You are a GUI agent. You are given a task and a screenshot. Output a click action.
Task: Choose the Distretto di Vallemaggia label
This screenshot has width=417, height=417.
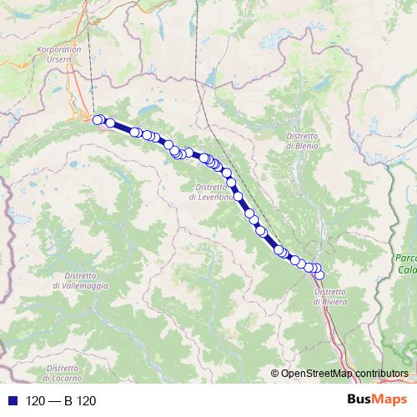tap(79, 281)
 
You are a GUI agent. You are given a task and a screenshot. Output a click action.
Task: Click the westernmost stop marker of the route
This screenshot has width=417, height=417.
tap(98, 120)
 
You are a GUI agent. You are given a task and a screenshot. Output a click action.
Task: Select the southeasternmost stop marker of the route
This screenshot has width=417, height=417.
tap(319, 275)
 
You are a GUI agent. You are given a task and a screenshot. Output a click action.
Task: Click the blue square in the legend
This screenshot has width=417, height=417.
tap(10, 401)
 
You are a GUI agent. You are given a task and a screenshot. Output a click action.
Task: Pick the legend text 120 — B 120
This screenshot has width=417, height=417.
tap(61, 401)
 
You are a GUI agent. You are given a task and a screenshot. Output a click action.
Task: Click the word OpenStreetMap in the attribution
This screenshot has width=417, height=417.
tap(316, 374)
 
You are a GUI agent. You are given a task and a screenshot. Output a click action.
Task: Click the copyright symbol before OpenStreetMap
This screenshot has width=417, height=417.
tap(274, 374)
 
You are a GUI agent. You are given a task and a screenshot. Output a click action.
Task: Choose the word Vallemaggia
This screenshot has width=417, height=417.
tap(79, 286)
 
